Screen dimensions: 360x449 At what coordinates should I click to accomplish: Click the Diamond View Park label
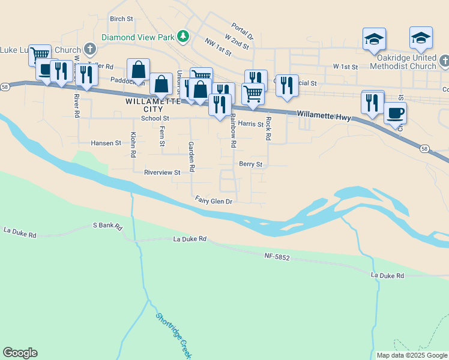pyautogui.click(x=137, y=37)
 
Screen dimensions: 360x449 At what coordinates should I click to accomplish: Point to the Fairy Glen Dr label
pyautogui.click(x=214, y=201)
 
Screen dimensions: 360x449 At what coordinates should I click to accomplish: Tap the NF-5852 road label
pyautogui.click(x=277, y=256)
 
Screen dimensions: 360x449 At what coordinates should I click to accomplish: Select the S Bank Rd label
pyautogui.click(x=107, y=226)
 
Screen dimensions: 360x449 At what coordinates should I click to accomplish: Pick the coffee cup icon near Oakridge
pyautogui.click(x=394, y=113)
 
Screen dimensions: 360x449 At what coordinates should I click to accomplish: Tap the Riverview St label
pyautogui.click(x=162, y=173)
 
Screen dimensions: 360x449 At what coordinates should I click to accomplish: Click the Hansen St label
pyautogui.click(x=106, y=143)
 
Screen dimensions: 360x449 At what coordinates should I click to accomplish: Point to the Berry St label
pyautogui.click(x=251, y=164)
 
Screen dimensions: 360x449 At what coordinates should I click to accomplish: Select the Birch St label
pyautogui.click(x=121, y=19)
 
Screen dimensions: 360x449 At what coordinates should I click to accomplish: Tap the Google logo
pyautogui.click(x=20, y=353)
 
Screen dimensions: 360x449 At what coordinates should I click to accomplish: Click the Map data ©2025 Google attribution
pyautogui.click(x=412, y=355)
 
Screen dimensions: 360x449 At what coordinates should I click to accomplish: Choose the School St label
pyautogui.click(x=155, y=119)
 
